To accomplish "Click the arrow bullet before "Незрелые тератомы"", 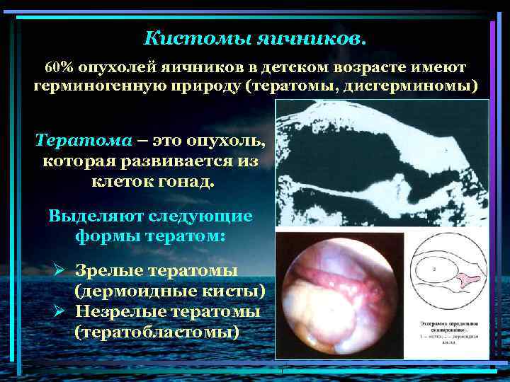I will pos(61,312).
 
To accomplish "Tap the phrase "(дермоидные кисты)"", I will pos(170,291).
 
